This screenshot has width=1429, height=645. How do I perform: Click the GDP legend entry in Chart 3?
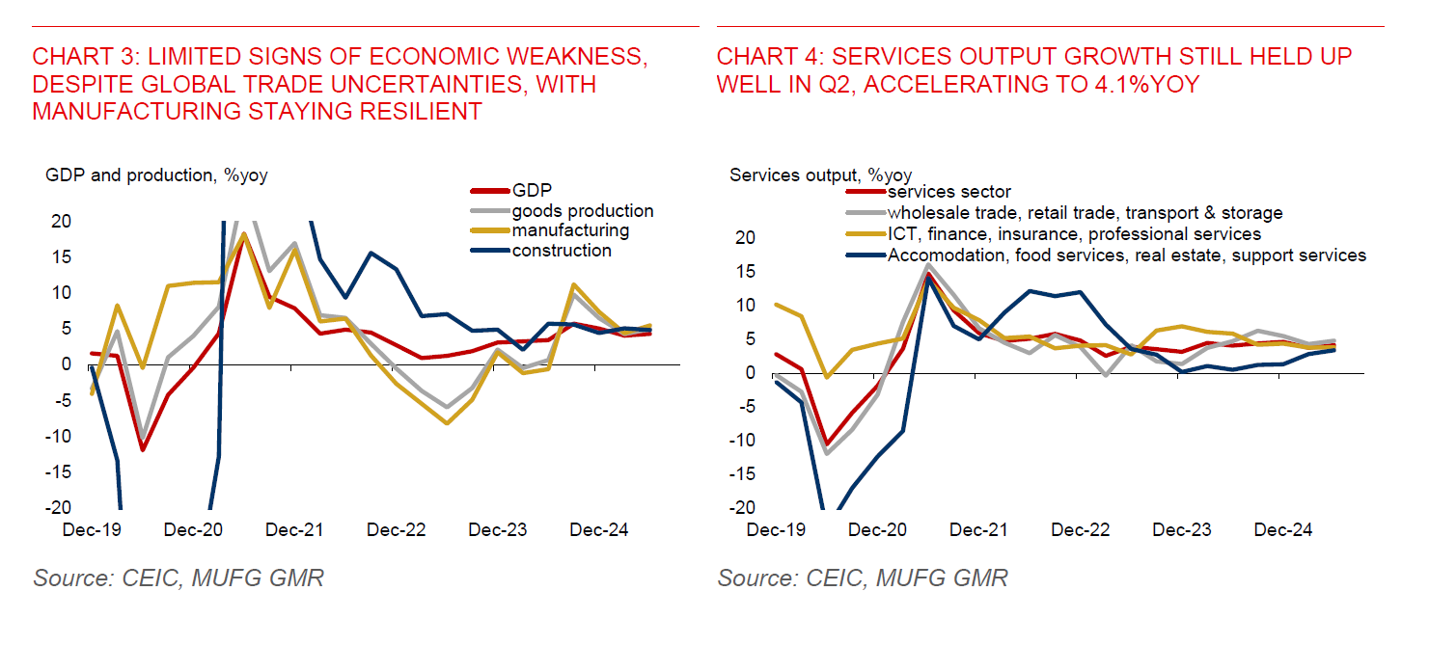[532, 191]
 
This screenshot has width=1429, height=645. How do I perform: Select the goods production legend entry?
[582, 211]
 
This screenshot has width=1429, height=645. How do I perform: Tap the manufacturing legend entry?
[570, 230]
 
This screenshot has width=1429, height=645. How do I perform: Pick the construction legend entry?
[562, 251]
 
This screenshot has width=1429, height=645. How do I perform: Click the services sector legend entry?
[949, 192]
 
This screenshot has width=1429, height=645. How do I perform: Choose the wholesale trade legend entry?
[1085, 212]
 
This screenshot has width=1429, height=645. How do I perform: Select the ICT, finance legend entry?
[1074, 233]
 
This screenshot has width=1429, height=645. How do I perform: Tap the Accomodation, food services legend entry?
[1127, 255]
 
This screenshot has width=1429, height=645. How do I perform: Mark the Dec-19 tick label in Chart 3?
[92, 530]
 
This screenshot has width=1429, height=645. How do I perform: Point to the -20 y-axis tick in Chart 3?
[59, 507]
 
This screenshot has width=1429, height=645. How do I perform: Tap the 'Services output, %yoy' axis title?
[820, 175]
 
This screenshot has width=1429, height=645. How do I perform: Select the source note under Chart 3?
[179, 578]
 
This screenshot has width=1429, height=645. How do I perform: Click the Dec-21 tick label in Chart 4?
[978, 530]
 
